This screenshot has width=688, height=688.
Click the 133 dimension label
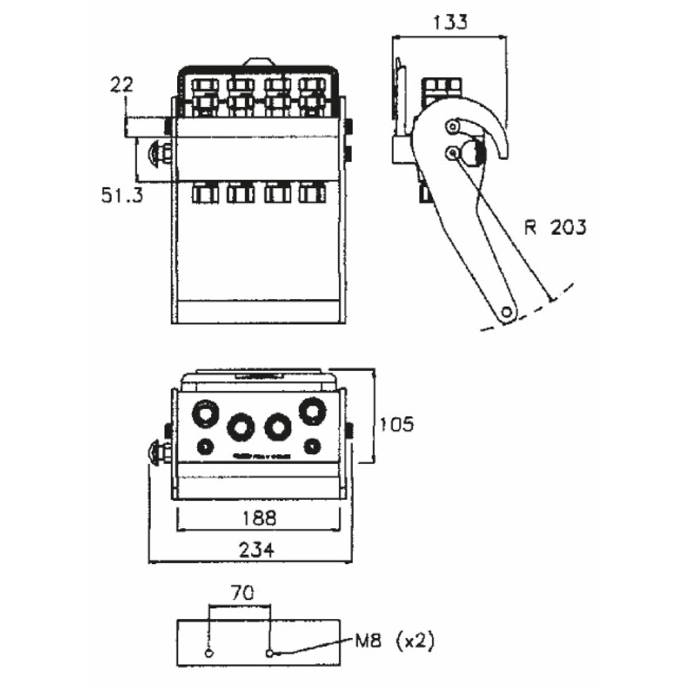[450, 22]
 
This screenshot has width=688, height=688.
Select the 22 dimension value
[122, 85]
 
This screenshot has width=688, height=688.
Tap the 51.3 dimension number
[122, 196]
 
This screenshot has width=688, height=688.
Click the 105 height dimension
[396, 425]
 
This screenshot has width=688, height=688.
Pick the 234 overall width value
[256, 550]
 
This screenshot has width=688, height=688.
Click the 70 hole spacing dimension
[241, 592]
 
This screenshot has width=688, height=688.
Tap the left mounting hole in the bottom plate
[209, 653]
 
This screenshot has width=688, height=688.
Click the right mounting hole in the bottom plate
[270, 653]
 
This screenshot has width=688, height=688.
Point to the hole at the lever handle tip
[506, 311]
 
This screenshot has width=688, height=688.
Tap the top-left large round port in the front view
[206, 413]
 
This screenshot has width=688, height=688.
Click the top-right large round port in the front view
[312, 411]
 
